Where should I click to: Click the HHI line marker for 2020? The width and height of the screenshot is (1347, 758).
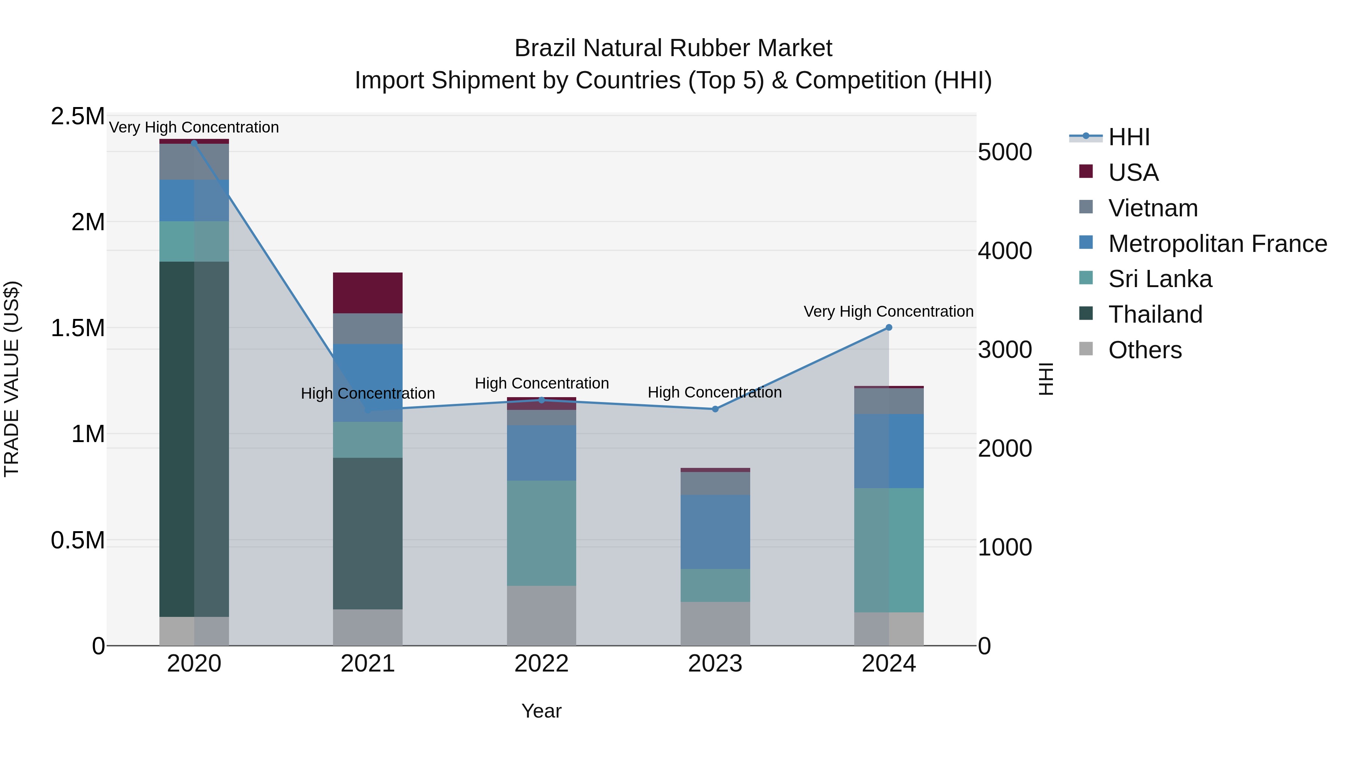[194, 143]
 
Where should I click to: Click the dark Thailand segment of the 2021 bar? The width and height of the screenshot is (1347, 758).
[367, 533]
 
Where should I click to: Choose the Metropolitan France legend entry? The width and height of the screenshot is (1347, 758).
[1217, 243]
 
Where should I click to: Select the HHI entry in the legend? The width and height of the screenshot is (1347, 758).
[1128, 137]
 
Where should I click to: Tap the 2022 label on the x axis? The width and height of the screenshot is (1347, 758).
[541, 664]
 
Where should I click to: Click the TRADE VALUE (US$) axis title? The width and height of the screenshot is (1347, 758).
[12, 379]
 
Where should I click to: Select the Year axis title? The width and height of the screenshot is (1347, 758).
[541, 711]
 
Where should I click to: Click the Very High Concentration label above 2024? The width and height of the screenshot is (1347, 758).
[888, 311]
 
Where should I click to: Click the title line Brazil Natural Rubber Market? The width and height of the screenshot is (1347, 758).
[673, 48]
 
